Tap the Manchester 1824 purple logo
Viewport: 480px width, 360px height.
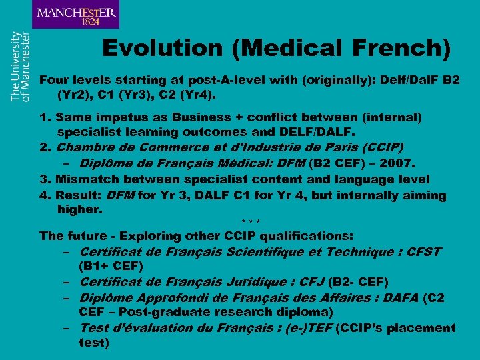pyautogui.click(x=75, y=15)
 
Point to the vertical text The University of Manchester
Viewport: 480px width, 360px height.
pyautogui.click(x=20, y=66)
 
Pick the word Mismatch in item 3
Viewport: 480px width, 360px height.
pyautogui.click(x=87, y=179)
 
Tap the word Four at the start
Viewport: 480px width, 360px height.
pyautogui.click(x=53, y=80)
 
